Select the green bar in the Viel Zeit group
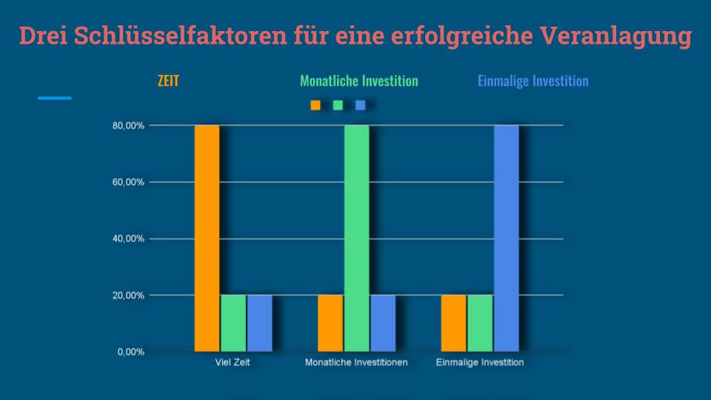click(x=233, y=323)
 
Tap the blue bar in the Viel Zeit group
click(x=259, y=323)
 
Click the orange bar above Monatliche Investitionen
click(x=330, y=323)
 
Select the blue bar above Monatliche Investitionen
click(x=383, y=323)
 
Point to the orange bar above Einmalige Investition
click(x=453, y=323)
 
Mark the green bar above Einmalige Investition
click(x=480, y=323)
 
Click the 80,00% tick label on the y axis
click(x=128, y=126)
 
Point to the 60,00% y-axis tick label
click(x=128, y=182)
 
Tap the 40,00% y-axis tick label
click(x=128, y=239)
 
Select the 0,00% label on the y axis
click(x=130, y=352)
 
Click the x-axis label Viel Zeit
click(x=233, y=363)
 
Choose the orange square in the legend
click(x=316, y=105)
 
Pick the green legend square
click(x=338, y=105)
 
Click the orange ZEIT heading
click(x=168, y=81)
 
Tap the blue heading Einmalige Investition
click(x=533, y=81)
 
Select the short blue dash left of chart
click(x=55, y=98)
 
